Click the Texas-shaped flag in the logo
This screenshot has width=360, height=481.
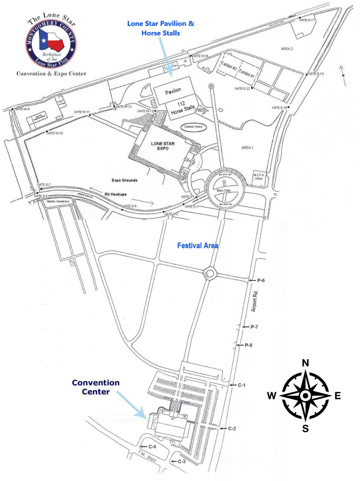coord(51,42)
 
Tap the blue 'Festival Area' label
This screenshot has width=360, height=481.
coord(198,245)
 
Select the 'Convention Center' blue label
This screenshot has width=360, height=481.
coord(96,387)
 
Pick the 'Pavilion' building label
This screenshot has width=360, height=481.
coord(173,92)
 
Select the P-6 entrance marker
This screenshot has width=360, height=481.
coord(260,281)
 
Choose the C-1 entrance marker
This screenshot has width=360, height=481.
coord(241,385)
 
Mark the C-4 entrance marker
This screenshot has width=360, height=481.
coord(151,446)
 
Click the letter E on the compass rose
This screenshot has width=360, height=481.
coord(338,395)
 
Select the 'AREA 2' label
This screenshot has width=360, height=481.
coord(286,48)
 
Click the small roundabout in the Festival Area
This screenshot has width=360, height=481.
coord(210,273)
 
